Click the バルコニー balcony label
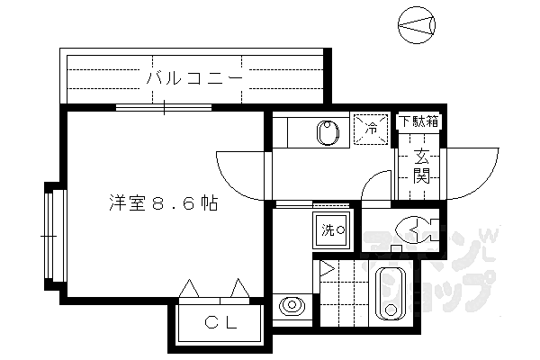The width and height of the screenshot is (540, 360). click(x=194, y=78)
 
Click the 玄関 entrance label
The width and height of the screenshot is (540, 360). click(x=420, y=166)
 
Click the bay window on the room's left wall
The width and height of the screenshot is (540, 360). click(x=49, y=236)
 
